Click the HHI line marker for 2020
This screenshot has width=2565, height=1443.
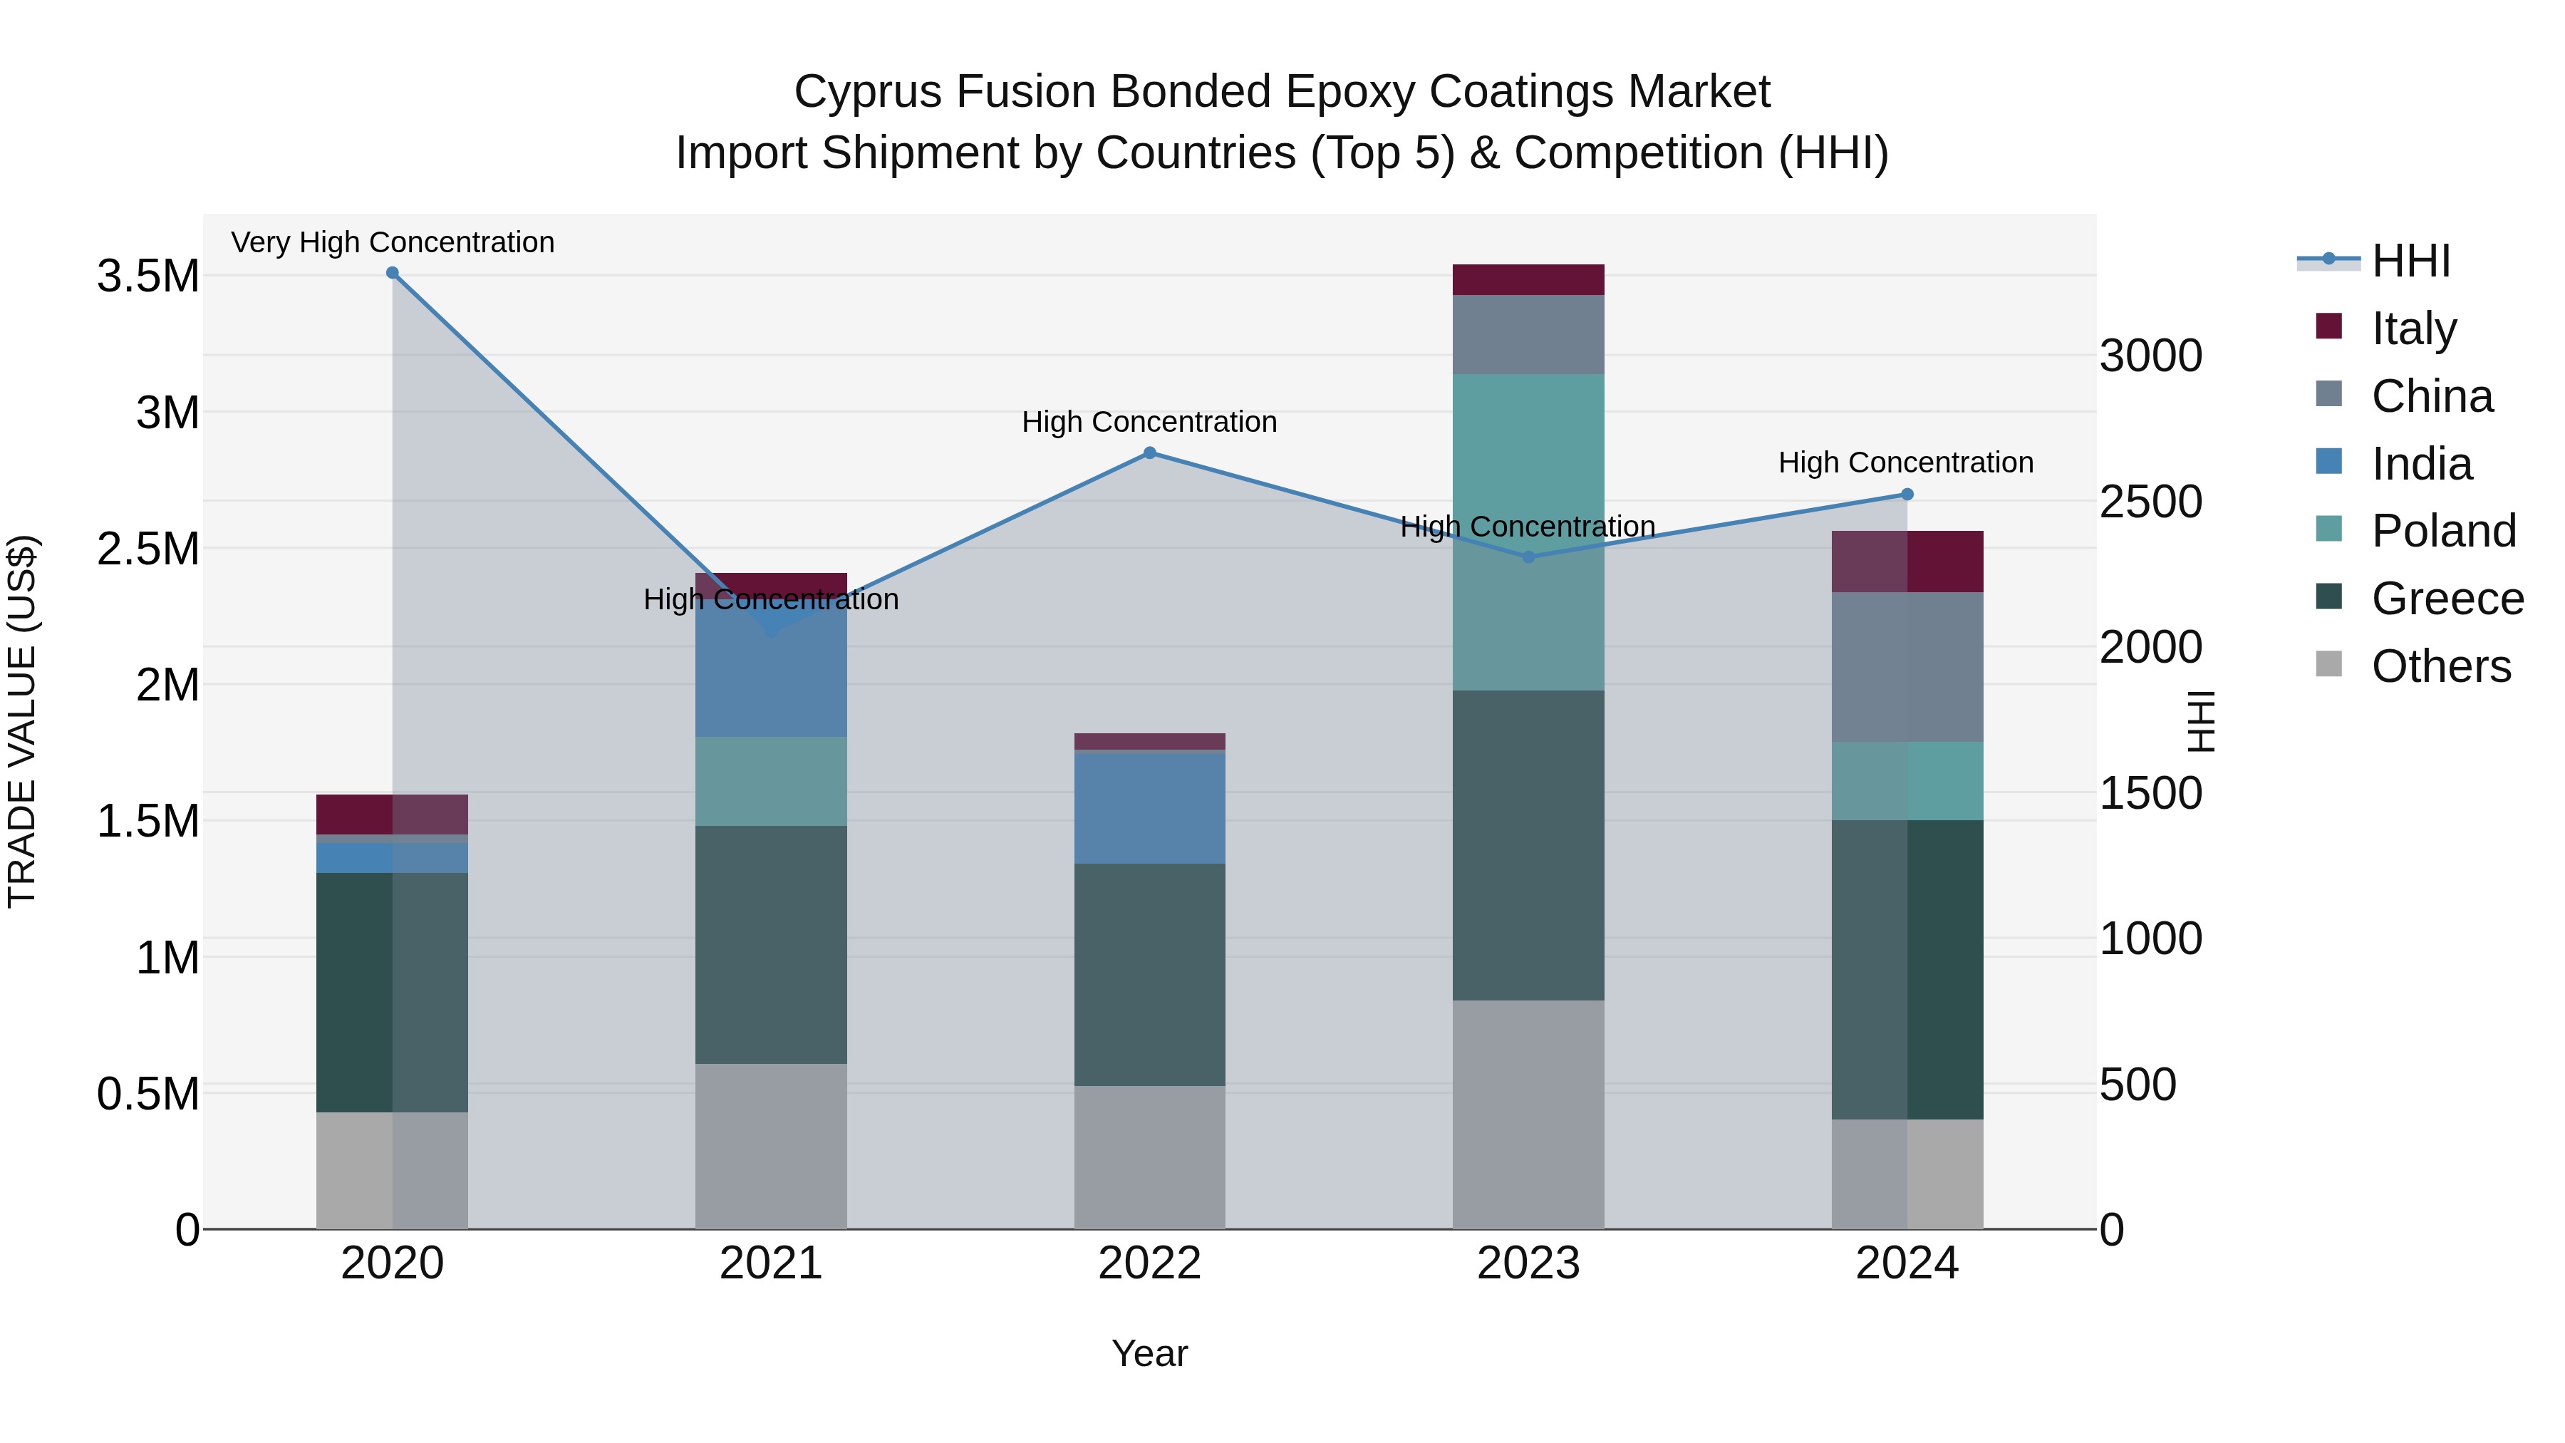point(393,273)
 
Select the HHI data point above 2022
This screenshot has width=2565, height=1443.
point(1149,453)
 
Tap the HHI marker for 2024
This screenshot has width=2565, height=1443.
point(1907,494)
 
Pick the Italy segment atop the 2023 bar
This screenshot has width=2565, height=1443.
point(1528,280)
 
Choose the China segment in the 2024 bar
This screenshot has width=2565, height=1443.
point(1907,666)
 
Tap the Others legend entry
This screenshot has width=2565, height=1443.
point(2440,666)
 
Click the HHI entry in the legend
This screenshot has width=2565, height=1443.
point(2410,261)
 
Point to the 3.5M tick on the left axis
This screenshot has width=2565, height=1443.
point(147,276)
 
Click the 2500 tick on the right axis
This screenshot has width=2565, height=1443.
point(2151,502)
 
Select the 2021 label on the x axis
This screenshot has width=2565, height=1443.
point(771,1263)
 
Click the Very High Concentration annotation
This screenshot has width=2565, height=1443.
point(393,242)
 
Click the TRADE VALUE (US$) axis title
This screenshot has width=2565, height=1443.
point(22,721)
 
